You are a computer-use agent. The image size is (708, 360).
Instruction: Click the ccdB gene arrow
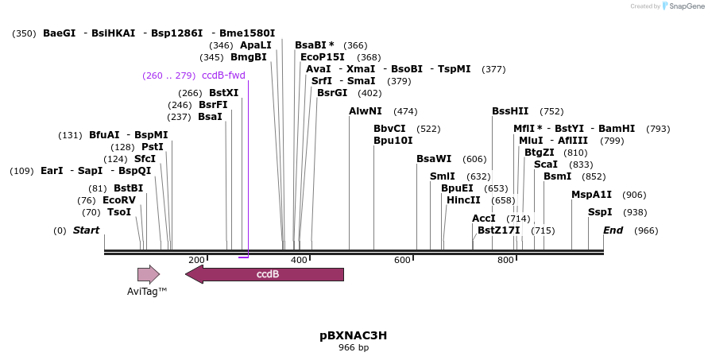(x=266, y=274)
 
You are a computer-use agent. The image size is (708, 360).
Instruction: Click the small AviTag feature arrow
(x=148, y=274)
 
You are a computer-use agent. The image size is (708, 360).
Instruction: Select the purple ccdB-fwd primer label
(x=223, y=75)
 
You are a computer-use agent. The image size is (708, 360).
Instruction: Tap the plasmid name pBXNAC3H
(x=353, y=335)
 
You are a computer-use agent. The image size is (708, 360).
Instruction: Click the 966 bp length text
(x=353, y=348)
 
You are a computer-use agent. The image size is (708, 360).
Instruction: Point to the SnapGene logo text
(x=684, y=6)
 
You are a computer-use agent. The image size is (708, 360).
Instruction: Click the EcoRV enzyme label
(x=118, y=200)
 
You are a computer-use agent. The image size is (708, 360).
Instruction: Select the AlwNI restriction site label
(x=366, y=111)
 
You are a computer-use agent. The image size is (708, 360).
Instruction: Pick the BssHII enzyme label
(x=510, y=111)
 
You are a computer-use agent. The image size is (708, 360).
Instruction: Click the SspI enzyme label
(x=600, y=212)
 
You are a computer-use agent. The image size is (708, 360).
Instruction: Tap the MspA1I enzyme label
(x=591, y=195)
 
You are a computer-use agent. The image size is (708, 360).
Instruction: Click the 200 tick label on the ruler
(x=196, y=261)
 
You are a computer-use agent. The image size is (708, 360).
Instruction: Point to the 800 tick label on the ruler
(x=505, y=261)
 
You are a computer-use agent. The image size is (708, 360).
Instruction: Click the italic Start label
(x=86, y=230)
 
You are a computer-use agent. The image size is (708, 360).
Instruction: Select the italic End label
(x=613, y=230)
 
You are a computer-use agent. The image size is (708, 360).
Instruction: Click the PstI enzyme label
(x=152, y=147)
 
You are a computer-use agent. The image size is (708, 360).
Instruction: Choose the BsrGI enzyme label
(x=332, y=93)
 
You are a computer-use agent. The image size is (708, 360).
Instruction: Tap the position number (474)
(x=405, y=111)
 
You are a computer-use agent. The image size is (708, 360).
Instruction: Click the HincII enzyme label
(x=463, y=200)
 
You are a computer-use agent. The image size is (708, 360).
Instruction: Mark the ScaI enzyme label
(x=546, y=165)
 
